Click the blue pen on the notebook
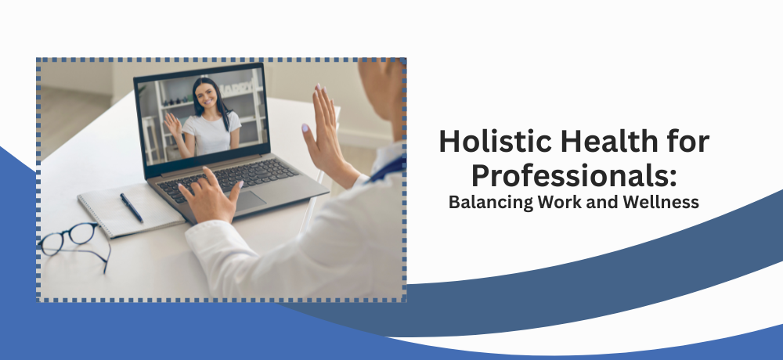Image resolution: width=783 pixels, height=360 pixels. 132,207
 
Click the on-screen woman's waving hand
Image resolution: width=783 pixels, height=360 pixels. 172,125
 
